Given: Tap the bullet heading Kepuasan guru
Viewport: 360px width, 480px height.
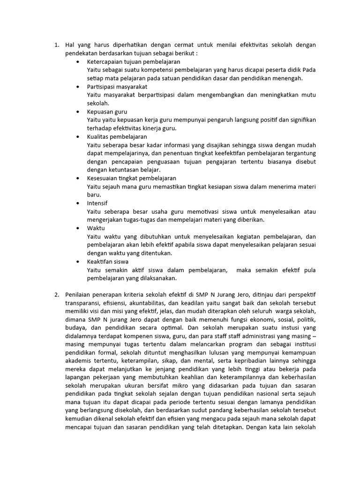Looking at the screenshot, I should click(107, 112).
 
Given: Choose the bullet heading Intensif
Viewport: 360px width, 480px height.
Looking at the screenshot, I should click(97, 203).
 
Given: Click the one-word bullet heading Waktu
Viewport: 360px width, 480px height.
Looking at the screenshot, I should click(96, 228).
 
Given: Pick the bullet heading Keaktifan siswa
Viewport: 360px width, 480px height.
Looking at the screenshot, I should click(108, 261).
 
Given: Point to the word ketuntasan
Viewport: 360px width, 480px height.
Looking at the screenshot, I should click(122, 170).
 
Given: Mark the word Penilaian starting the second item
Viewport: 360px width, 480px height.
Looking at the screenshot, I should click(80, 294).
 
